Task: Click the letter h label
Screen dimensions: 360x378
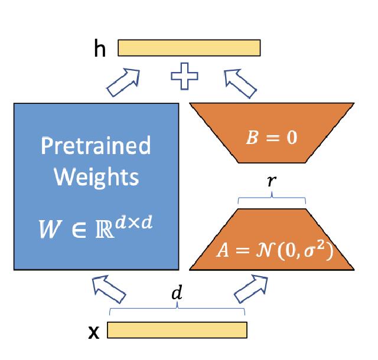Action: (100, 50)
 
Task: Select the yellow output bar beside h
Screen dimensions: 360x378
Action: (189, 48)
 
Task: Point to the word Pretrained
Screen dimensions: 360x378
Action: (95, 145)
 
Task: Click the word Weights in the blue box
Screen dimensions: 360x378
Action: (95, 176)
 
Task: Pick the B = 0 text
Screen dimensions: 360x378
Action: (272, 139)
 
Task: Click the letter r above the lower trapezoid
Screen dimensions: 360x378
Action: (271, 182)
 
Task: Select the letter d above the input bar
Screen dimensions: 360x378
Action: (175, 293)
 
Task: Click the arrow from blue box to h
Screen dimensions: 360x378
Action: (123, 81)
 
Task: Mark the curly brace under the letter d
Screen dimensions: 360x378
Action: (177, 309)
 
